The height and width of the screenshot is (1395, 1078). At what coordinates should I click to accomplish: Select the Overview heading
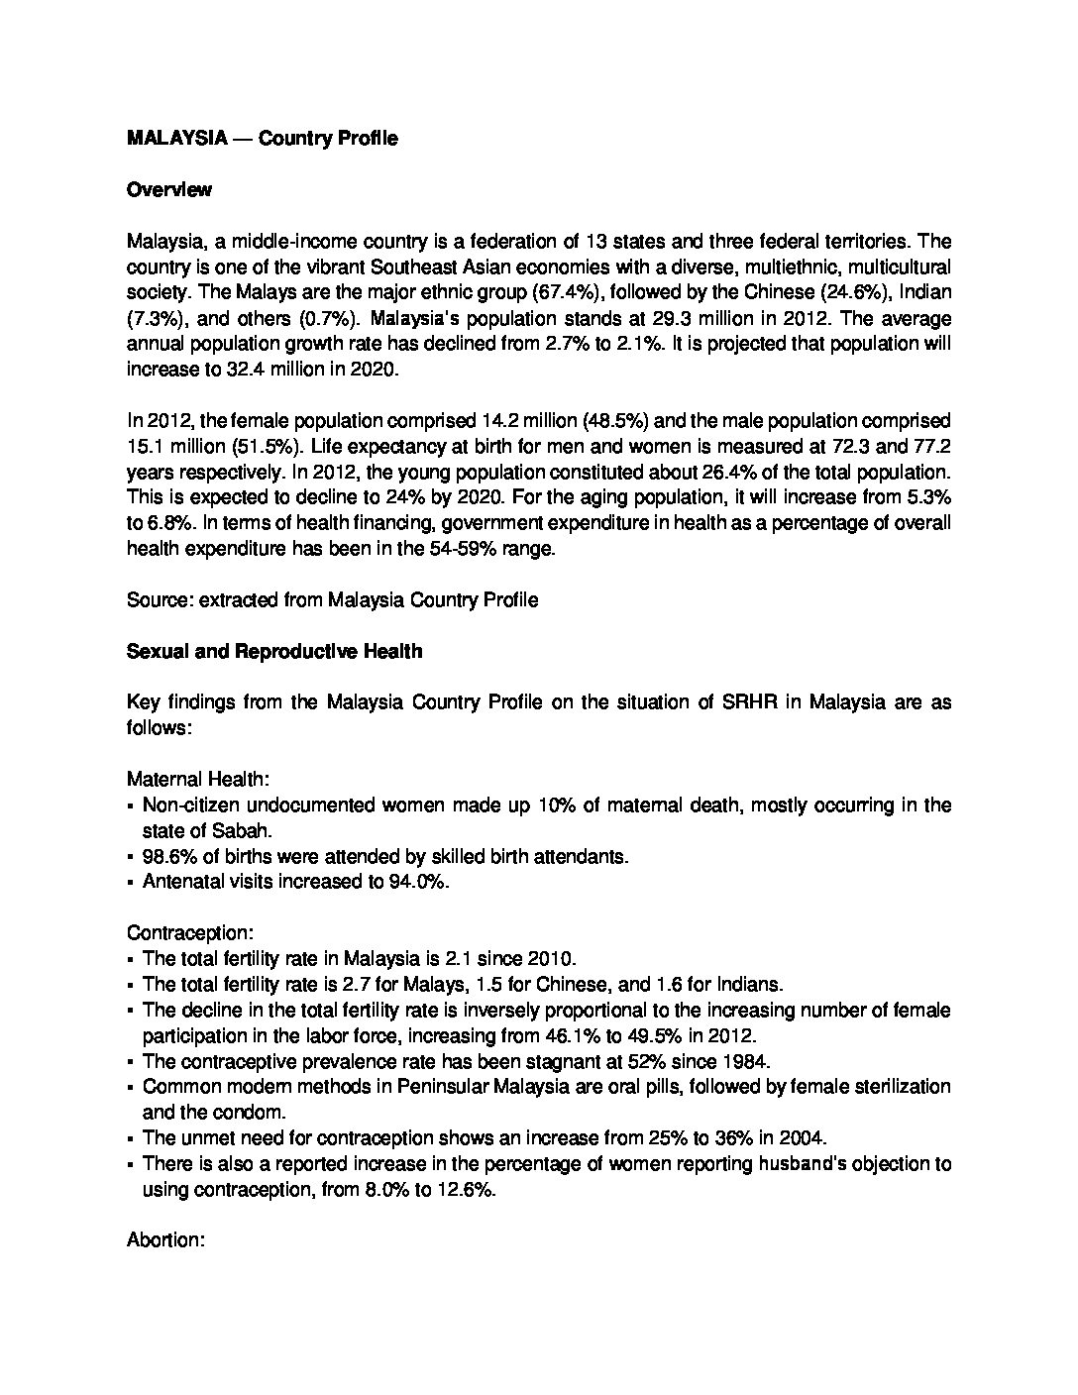[169, 190]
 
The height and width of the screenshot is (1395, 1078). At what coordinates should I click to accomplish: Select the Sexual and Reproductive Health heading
[274, 652]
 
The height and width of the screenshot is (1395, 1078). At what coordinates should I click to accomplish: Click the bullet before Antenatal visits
[132, 883]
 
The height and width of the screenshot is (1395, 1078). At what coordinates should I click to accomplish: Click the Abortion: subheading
[166, 1240]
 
